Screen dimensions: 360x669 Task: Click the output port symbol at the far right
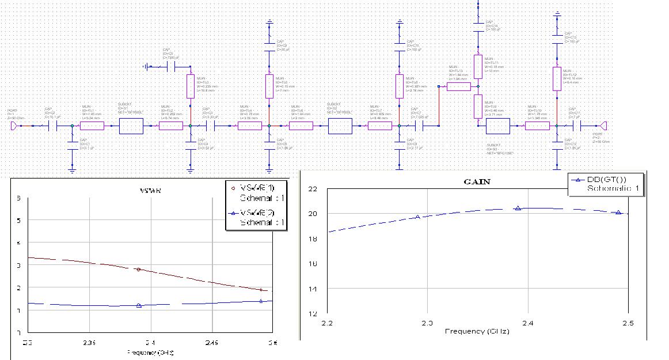603,126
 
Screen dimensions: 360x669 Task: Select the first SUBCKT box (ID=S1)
131,126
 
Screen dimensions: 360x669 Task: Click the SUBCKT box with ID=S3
498,126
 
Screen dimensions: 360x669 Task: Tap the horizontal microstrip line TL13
458,87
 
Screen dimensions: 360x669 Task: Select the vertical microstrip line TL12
557,78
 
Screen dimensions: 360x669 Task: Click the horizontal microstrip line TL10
537,126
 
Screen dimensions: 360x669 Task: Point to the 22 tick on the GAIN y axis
313,189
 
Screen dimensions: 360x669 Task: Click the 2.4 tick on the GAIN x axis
527,323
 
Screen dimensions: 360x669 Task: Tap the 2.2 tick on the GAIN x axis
327,323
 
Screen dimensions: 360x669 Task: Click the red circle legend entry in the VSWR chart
257,188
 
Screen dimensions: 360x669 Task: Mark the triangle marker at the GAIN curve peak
518,208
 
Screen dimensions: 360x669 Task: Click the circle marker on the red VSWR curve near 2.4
138,269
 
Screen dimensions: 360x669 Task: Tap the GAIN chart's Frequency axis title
475,331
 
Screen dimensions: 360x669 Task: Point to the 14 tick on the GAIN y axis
313,289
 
